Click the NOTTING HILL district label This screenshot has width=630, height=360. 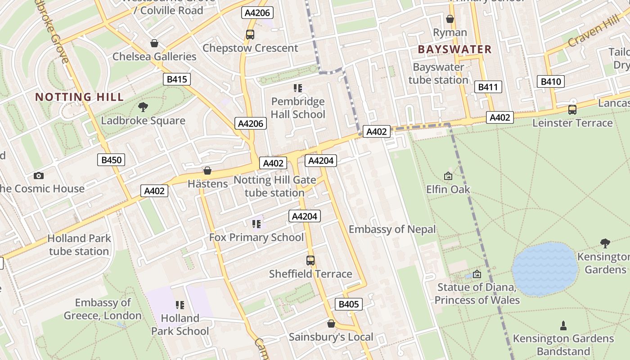point(79,97)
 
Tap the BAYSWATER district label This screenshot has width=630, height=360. point(454,49)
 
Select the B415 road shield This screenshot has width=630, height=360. point(176,80)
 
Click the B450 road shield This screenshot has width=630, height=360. point(111,160)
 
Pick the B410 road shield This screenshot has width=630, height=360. point(550,81)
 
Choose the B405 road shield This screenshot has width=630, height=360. point(348,304)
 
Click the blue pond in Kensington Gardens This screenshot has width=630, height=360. point(545,269)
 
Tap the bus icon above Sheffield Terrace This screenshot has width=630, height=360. point(310,260)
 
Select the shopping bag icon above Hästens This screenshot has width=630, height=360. point(207,171)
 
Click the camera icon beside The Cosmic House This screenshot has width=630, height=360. point(39,175)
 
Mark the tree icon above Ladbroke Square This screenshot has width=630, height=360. point(143,107)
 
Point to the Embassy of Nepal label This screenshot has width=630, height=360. point(392,229)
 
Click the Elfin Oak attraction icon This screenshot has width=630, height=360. point(448,176)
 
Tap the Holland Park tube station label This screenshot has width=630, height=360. point(79,245)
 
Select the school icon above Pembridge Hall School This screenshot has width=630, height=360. point(297,88)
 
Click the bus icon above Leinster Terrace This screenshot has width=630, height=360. point(572,109)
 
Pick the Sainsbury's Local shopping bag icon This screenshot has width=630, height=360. point(331,324)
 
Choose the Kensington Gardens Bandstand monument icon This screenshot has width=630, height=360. point(562,325)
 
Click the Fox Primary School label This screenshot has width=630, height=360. point(256,237)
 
